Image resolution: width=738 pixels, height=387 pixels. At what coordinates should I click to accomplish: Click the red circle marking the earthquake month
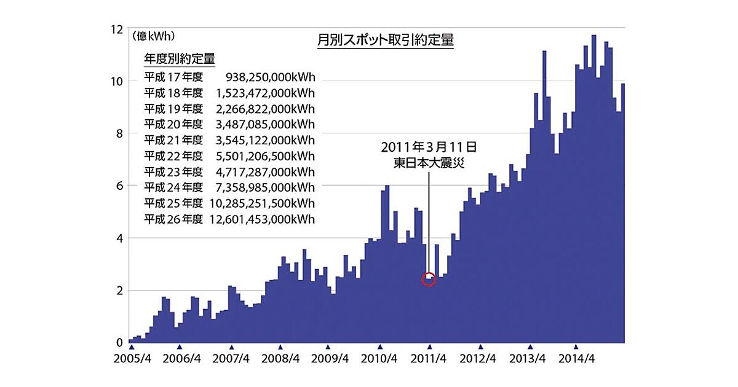(429, 279)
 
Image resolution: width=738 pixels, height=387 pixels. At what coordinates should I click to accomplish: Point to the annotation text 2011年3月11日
(429, 147)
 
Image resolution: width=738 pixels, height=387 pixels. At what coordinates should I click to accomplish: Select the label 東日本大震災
(429, 163)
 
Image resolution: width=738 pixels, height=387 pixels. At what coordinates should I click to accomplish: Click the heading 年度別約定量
(179, 59)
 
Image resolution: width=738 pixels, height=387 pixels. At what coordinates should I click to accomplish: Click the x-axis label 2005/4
(132, 359)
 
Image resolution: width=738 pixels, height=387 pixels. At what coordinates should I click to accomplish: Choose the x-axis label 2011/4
(430, 359)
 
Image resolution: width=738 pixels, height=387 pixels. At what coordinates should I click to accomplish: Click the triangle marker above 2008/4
(280, 347)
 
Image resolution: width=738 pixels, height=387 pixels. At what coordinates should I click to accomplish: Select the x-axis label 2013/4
(530, 359)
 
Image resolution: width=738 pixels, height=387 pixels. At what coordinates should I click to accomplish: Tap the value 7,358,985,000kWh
(265, 187)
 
